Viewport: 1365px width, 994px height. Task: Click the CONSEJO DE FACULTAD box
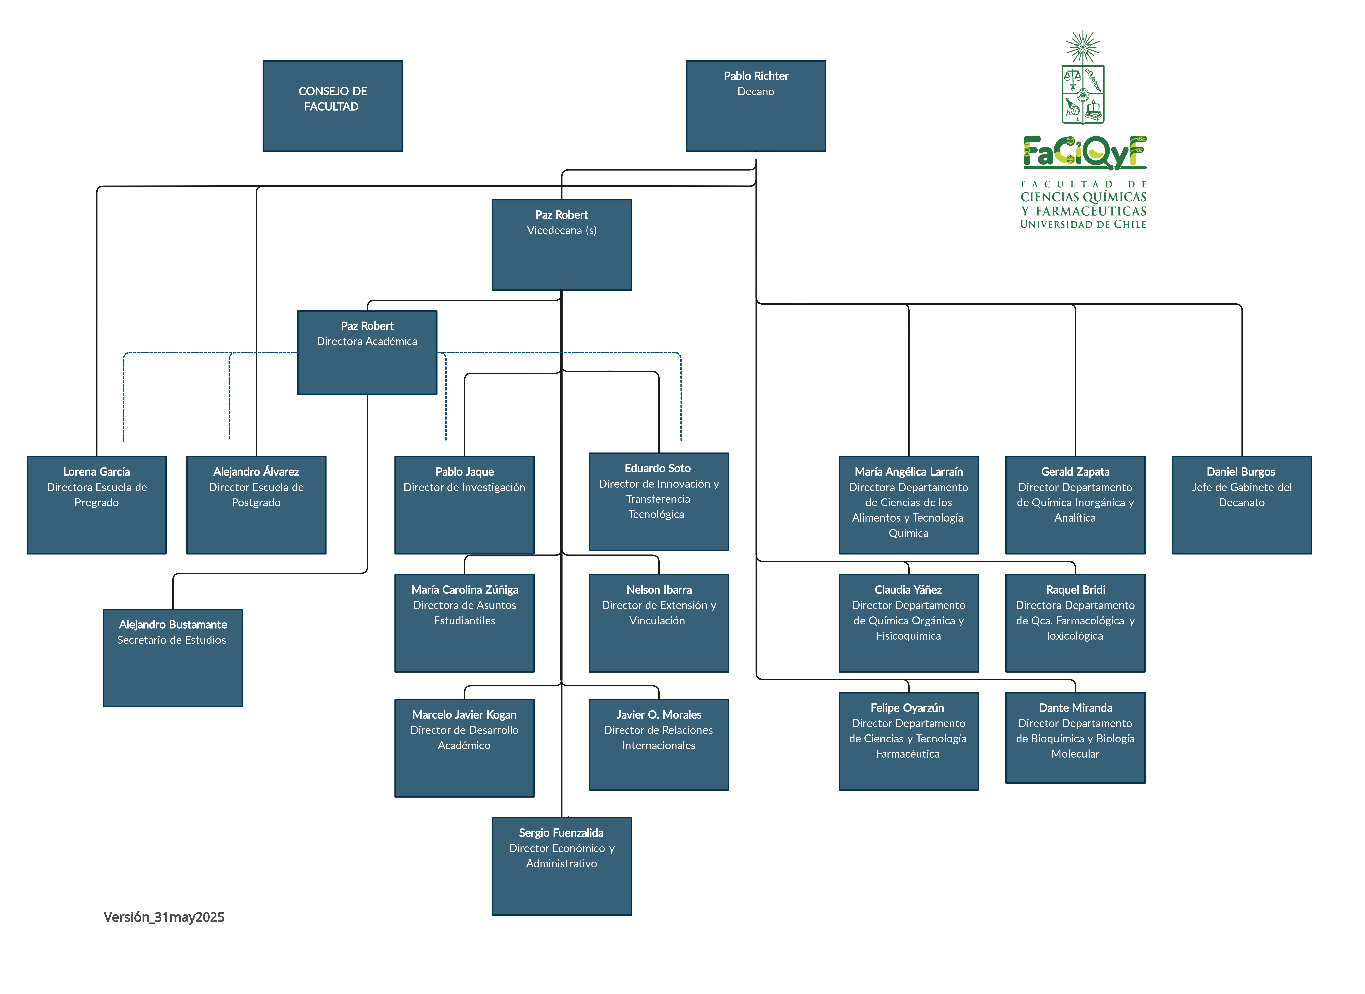[x=332, y=106]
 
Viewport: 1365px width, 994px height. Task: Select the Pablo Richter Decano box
[x=756, y=106]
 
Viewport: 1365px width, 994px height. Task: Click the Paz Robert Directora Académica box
[x=367, y=352]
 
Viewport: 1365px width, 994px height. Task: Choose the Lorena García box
[x=96, y=505]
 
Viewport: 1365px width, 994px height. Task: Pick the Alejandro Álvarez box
[x=256, y=505]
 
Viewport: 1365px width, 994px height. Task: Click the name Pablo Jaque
[x=465, y=472]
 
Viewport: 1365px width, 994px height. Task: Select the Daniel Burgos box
[x=1242, y=505]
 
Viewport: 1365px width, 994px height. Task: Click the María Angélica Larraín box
[x=909, y=505]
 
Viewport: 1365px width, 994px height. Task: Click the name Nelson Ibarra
[x=659, y=590]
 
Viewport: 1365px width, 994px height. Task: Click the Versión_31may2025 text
[x=164, y=917]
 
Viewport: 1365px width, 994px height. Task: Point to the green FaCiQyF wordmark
[x=1085, y=152]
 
